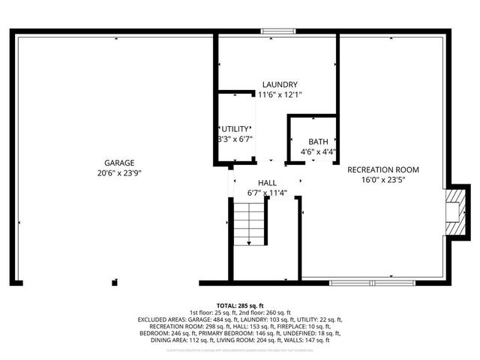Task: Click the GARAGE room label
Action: click(119, 163)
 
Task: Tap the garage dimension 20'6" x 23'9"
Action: click(119, 172)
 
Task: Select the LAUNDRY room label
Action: click(280, 85)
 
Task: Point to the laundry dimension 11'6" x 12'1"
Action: click(280, 95)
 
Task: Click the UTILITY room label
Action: click(235, 129)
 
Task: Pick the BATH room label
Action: click(318, 142)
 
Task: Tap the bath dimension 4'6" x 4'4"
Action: click(318, 151)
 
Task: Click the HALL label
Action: click(267, 182)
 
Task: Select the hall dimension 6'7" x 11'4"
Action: click(267, 193)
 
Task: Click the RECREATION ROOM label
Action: click(382, 169)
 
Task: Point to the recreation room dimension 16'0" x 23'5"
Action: click(382, 180)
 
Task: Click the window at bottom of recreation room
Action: click(373, 283)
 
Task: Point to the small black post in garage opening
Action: click(114, 282)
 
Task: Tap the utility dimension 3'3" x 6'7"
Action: click(235, 139)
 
